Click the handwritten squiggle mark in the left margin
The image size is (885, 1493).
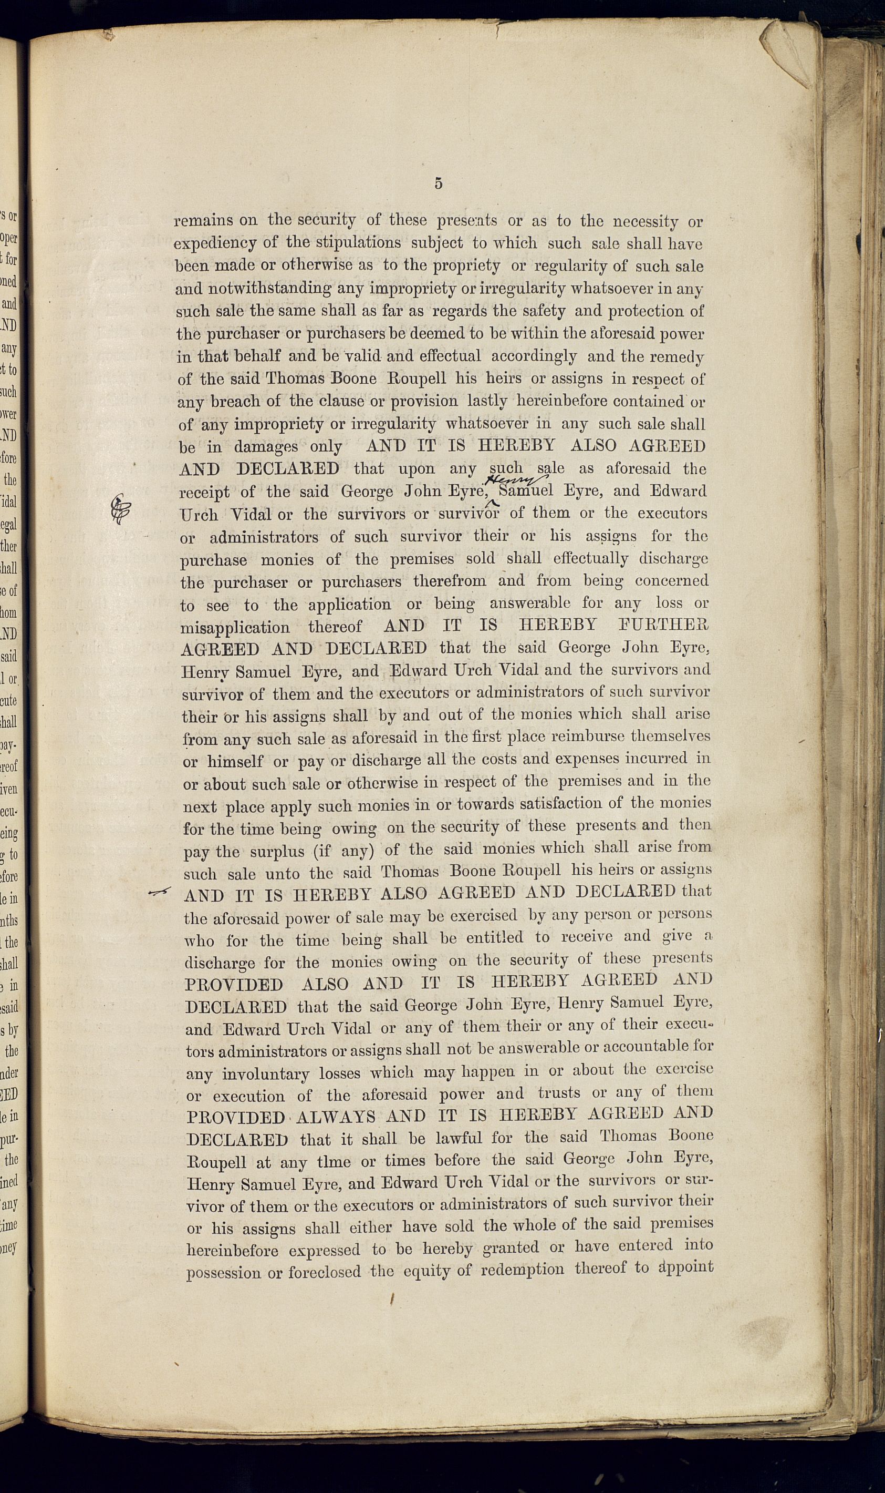[120, 508]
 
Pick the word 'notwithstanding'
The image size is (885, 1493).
[270, 289]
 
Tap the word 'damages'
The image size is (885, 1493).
[265, 447]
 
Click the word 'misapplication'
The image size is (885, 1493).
[235, 628]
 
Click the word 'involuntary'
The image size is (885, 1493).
[265, 1074]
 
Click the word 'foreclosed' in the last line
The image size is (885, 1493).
[325, 1272]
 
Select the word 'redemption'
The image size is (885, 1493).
[522, 1269]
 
